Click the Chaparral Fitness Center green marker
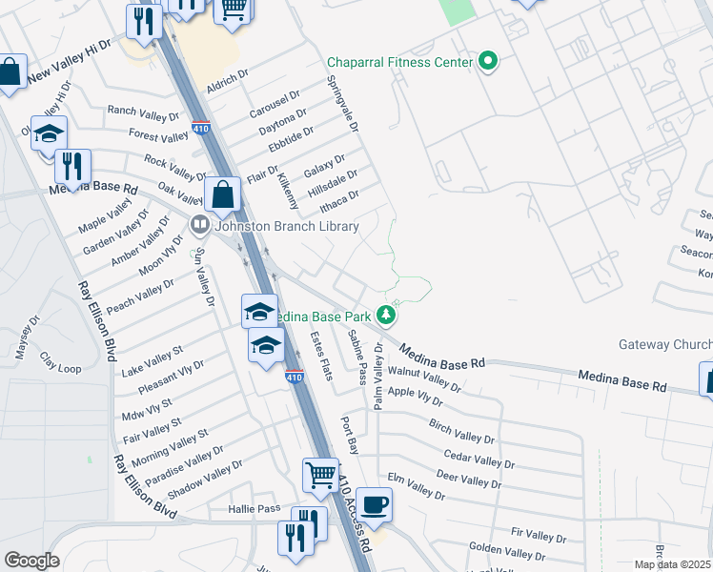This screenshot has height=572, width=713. click(x=488, y=63)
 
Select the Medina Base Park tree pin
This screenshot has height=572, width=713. click(x=385, y=314)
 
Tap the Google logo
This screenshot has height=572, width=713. click(x=31, y=561)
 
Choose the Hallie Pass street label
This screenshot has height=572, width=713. click(x=255, y=509)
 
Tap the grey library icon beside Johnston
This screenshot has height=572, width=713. click(x=200, y=227)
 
